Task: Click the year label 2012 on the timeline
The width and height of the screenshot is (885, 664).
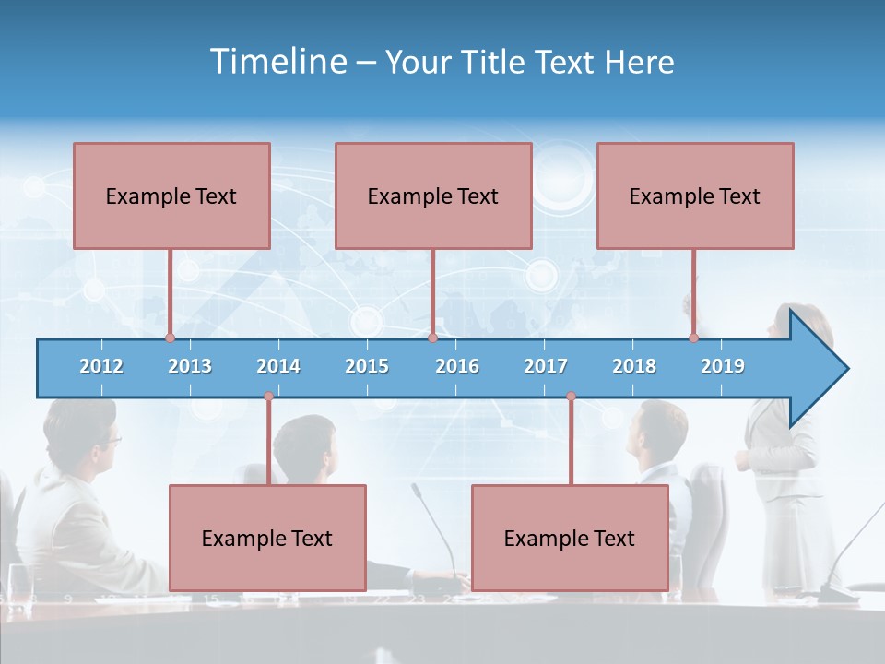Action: click(101, 366)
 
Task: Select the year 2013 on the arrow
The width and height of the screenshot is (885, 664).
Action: click(190, 366)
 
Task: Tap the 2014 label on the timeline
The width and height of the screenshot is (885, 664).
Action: click(278, 366)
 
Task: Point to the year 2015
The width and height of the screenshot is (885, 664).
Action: click(367, 366)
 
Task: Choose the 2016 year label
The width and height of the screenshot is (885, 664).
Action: click(457, 366)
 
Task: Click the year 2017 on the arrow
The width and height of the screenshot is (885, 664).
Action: click(546, 366)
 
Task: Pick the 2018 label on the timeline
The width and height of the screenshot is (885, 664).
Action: click(634, 366)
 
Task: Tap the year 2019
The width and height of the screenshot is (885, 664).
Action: click(723, 366)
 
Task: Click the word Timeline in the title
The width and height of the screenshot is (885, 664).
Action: click(278, 62)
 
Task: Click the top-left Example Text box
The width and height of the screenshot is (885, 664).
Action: click(171, 196)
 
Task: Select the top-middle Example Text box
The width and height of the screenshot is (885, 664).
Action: click(433, 196)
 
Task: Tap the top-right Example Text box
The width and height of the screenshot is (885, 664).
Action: click(695, 196)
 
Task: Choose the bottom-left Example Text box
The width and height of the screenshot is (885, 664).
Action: click(267, 538)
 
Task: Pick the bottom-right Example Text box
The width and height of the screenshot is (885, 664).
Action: click(570, 538)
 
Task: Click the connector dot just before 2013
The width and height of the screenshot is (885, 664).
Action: click(170, 338)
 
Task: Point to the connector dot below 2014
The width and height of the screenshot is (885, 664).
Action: click(268, 397)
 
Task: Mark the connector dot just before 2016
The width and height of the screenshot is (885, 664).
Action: click(432, 338)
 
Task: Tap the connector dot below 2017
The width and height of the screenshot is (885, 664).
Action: click(571, 397)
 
